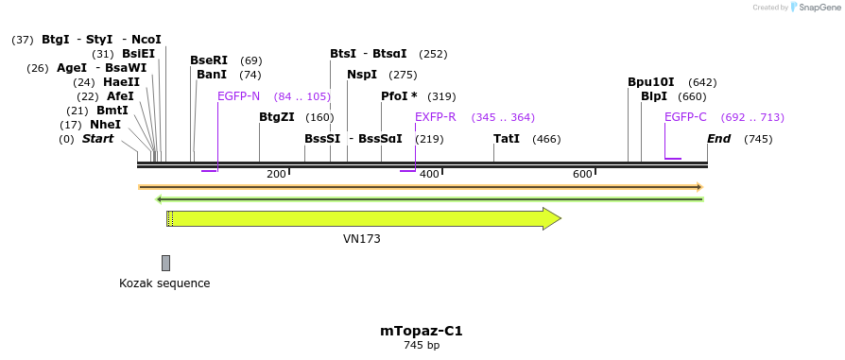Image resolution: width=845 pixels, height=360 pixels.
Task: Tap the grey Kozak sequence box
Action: (165, 263)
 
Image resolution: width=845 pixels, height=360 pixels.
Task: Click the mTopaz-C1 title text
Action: (422, 331)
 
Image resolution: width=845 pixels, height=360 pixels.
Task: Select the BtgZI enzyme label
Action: (278, 118)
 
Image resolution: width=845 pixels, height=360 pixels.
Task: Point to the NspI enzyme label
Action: (362, 75)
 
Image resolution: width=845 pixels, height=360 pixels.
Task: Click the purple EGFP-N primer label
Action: (238, 96)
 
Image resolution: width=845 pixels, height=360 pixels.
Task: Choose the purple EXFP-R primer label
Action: (436, 117)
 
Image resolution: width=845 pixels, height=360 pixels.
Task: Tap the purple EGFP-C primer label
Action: (685, 117)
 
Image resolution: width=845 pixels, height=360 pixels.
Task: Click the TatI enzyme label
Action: (507, 139)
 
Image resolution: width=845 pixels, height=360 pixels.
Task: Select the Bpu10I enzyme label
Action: (651, 82)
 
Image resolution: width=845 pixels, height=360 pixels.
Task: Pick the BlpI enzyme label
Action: (654, 96)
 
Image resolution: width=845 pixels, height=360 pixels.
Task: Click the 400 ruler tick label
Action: (429, 174)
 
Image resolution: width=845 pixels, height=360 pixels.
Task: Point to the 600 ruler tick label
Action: (582, 174)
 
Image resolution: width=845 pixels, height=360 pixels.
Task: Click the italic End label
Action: (719, 139)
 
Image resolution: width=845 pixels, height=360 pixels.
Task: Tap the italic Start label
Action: (98, 139)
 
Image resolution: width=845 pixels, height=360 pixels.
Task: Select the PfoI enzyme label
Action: (398, 96)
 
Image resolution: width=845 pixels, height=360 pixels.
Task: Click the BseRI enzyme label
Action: (209, 60)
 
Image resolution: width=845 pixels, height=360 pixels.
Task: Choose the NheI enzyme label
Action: (105, 125)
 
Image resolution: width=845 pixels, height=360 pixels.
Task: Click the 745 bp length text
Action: (422, 346)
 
